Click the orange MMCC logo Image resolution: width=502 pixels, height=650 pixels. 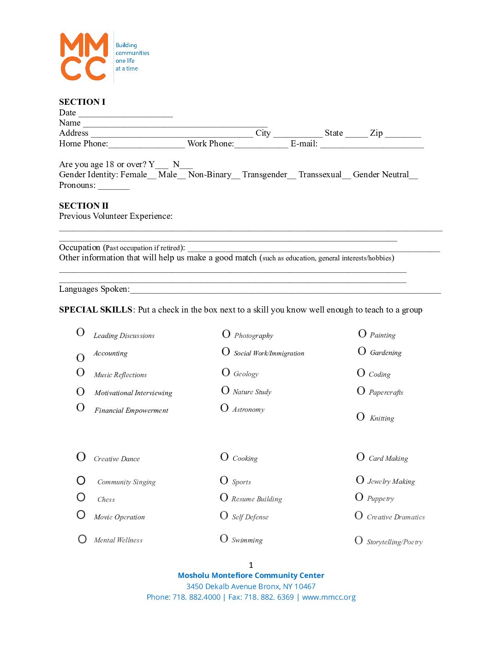click(84, 56)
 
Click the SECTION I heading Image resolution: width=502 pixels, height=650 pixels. click(82, 102)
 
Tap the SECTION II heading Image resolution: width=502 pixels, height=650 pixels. click(84, 206)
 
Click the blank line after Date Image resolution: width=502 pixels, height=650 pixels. click(125, 114)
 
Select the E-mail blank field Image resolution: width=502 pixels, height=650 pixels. click(372, 145)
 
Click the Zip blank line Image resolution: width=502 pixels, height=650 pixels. click(403, 135)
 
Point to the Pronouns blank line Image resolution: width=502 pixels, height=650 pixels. click(114, 187)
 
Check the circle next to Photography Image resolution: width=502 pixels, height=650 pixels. click(226, 334)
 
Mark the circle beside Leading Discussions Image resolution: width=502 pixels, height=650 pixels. click(80, 332)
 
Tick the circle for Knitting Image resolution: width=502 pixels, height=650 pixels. click(360, 417)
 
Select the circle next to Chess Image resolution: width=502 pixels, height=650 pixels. click(81, 497)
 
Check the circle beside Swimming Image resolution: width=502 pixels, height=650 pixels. click(224, 538)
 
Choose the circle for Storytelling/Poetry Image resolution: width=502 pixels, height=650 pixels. click(359, 540)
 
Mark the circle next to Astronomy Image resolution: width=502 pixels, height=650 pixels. click(224, 408)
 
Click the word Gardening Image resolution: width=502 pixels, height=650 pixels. click(386, 353)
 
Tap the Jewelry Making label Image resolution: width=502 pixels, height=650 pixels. click(391, 481)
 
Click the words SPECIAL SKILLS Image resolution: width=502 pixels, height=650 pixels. click(96, 310)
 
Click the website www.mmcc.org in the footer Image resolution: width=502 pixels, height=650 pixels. click(329, 597)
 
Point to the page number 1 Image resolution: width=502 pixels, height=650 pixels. click(251, 565)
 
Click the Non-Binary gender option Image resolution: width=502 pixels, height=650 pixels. click(210, 175)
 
